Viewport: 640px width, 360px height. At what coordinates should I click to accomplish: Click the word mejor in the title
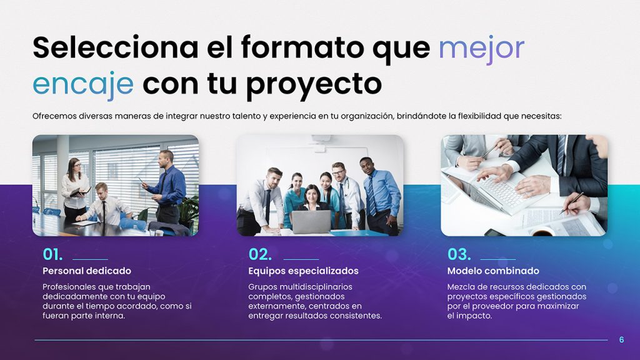point(481,49)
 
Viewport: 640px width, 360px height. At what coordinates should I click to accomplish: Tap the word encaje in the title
point(82,84)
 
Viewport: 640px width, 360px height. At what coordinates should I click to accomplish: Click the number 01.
point(52,254)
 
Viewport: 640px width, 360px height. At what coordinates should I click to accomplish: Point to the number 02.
point(259,254)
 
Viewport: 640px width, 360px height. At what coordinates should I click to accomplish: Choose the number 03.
point(459,254)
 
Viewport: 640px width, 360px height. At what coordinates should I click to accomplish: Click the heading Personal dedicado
point(87,271)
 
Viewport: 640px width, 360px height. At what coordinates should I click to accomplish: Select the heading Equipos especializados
point(303,271)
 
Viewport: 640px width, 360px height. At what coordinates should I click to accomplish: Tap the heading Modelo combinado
point(493,271)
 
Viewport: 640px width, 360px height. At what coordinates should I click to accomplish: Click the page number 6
point(621,340)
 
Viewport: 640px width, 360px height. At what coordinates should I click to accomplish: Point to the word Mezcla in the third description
point(461,287)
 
